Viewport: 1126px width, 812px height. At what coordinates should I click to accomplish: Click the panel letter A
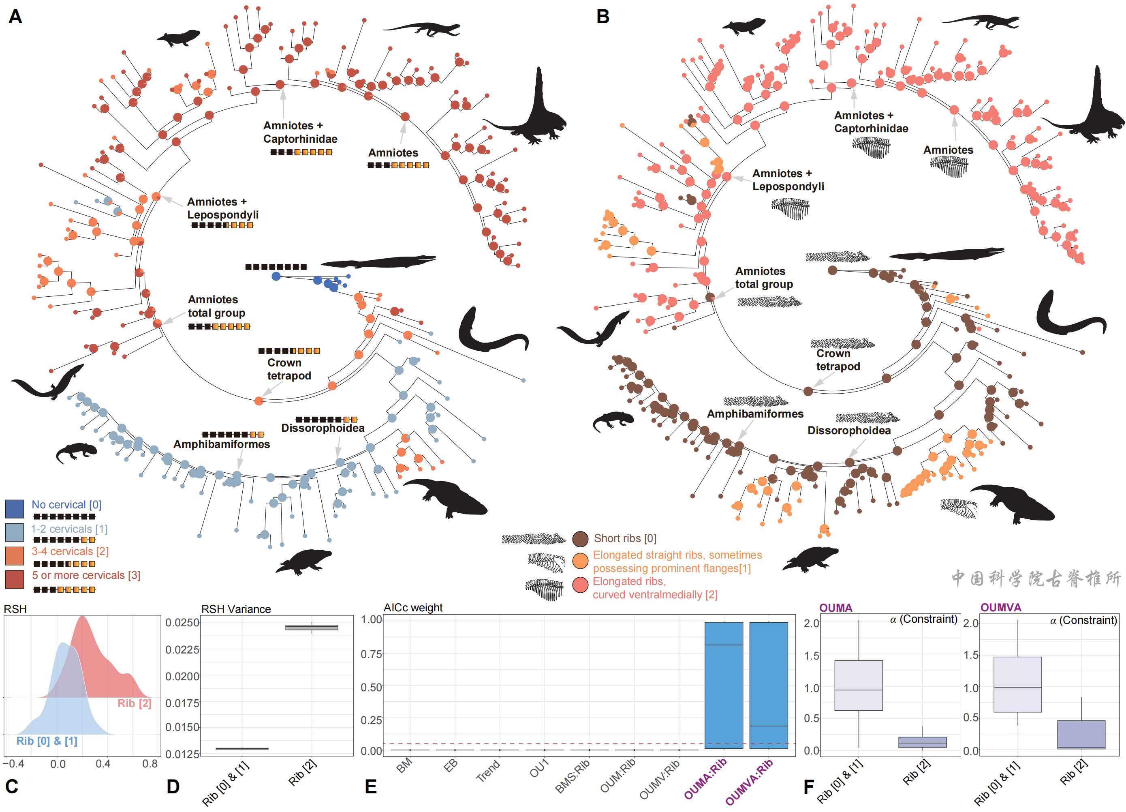15,17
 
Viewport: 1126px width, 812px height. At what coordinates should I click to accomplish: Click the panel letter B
603,17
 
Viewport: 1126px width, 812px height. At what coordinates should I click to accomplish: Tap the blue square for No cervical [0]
15,508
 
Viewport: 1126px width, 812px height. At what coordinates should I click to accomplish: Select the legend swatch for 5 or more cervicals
15,579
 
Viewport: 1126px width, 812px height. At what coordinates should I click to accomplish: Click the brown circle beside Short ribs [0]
580,538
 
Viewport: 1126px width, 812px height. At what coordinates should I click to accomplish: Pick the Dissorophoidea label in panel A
323,428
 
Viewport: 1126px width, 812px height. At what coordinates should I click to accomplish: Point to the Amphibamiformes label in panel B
755,413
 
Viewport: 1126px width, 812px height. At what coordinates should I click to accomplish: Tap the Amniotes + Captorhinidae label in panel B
871,122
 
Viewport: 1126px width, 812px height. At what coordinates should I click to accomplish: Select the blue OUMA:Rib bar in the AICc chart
724,686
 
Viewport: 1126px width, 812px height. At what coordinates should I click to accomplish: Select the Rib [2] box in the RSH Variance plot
312,627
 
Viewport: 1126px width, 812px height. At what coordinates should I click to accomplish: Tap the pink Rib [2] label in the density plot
134,703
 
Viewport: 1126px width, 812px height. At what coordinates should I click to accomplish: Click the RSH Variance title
236,609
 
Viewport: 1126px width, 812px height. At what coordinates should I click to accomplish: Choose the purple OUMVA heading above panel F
1000,607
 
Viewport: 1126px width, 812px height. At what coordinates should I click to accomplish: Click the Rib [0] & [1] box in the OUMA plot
859,686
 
